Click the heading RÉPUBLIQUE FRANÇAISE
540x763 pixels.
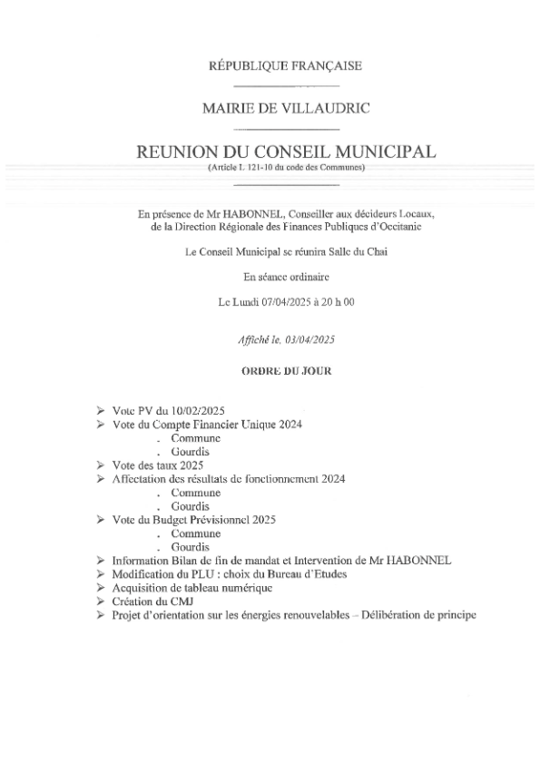click(x=272, y=66)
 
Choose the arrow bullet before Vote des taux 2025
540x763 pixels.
click(x=101, y=463)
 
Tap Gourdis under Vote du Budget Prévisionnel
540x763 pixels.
click(x=191, y=547)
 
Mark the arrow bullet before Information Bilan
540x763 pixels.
click(x=101, y=562)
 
